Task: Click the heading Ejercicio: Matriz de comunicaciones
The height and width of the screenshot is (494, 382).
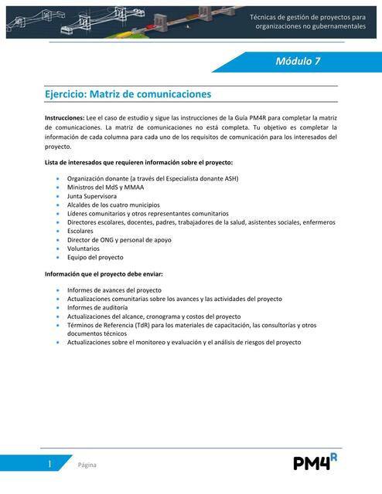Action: (128, 94)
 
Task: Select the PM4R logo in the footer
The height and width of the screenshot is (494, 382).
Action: (315, 462)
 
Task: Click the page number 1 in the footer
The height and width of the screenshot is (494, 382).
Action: (49, 464)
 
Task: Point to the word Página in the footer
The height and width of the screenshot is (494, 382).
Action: (87, 465)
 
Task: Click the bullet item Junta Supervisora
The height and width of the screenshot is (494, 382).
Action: (92, 196)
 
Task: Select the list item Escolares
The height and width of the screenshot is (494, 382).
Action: (80, 231)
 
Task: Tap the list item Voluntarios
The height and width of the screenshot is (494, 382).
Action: (84, 249)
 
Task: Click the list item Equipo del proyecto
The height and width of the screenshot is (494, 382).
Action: (95, 257)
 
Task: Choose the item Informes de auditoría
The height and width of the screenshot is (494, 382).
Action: (95, 307)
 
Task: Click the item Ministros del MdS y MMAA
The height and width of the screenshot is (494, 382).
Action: (105, 188)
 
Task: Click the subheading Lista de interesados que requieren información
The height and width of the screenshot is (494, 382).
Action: (138, 163)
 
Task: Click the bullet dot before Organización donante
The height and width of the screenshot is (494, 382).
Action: (59, 179)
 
